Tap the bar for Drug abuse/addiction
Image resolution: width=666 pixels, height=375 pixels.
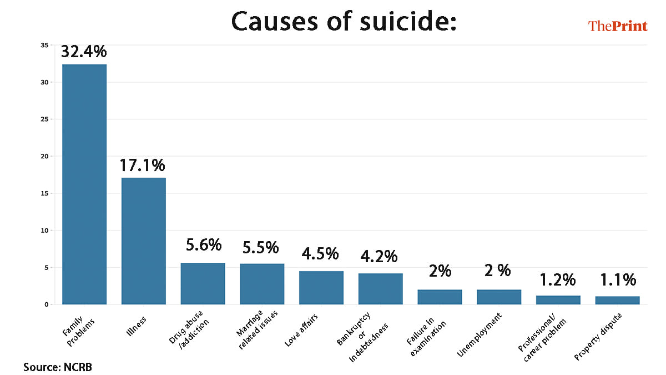tap(203, 283)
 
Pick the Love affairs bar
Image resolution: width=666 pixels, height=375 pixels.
tap(321, 287)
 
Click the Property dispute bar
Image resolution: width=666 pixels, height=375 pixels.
tap(617, 300)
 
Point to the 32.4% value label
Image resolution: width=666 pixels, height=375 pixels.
tap(84, 52)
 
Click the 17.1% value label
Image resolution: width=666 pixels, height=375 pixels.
tap(143, 165)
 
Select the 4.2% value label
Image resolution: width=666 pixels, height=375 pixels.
tap(380, 257)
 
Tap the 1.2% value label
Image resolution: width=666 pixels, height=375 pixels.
tap(557, 279)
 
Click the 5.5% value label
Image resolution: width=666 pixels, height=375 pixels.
tap(261, 247)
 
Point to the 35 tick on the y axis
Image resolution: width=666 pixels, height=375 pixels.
tap(45, 45)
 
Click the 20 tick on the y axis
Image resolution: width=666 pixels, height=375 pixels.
tap(45, 156)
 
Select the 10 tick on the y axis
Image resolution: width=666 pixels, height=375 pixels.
tap(45, 230)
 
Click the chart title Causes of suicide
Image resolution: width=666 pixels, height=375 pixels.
tap(344, 22)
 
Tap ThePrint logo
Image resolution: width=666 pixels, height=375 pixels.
tap(617, 26)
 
